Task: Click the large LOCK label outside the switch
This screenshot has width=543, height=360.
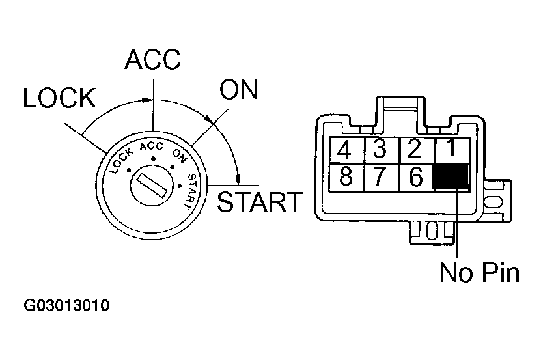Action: click(x=59, y=98)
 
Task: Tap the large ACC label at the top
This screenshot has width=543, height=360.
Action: click(x=152, y=60)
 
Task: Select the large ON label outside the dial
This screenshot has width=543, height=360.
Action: click(x=238, y=90)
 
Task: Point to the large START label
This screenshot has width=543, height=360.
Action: click(x=260, y=202)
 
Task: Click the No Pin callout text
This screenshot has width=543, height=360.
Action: click(x=479, y=272)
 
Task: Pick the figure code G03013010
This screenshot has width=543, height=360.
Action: click(x=67, y=305)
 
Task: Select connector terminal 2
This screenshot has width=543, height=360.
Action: click(x=414, y=150)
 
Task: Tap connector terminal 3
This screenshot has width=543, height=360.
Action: click(x=380, y=150)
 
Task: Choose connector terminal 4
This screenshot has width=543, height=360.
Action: click(x=345, y=151)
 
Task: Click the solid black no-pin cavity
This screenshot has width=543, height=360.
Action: click(x=451, y=176)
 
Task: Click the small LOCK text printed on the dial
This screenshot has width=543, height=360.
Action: click(x=121, y=158)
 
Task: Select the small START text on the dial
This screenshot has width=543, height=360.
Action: click(x=192, y=190)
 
